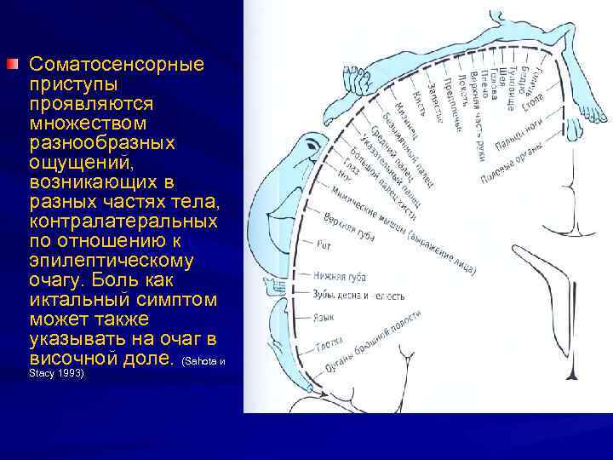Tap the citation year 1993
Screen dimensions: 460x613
(69, 373)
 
